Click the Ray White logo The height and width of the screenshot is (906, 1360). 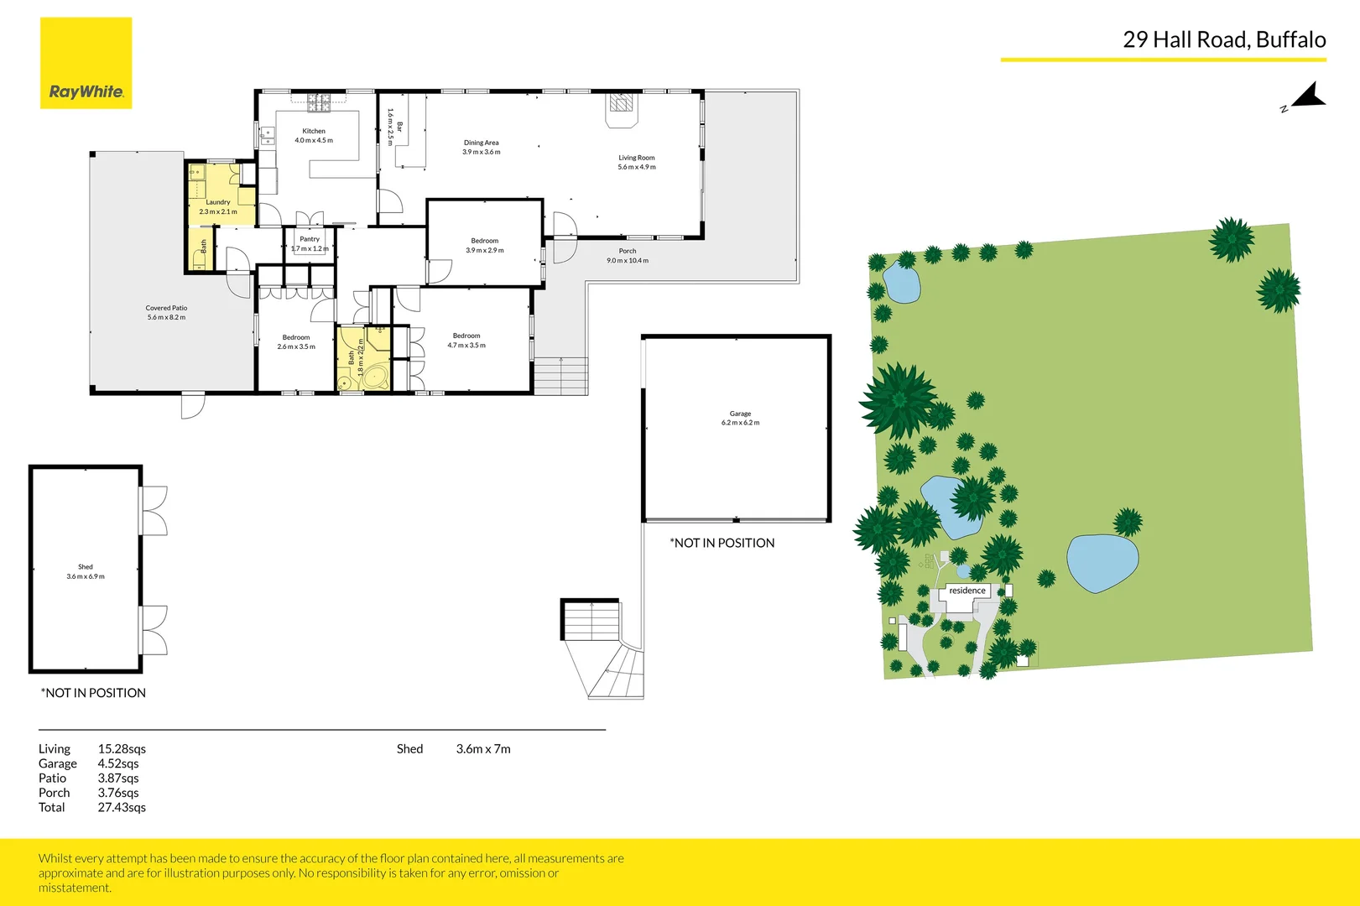(x=86, y=63)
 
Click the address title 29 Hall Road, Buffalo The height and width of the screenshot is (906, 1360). (x=1224, y=39)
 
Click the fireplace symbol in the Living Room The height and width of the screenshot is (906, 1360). (x=621, y=103)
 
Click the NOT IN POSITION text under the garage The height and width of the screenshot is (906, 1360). (x=722, y=543)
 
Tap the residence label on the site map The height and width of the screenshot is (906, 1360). (x=967, y=591)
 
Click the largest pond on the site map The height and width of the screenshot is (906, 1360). (x=1102, y=562)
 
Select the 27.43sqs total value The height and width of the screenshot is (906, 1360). (x=122, y=807)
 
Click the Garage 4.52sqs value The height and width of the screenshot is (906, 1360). (x=118, y=763)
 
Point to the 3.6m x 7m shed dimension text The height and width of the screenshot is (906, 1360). (x=483, y=749)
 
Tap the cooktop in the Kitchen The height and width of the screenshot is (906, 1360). (x=319, y=103)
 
